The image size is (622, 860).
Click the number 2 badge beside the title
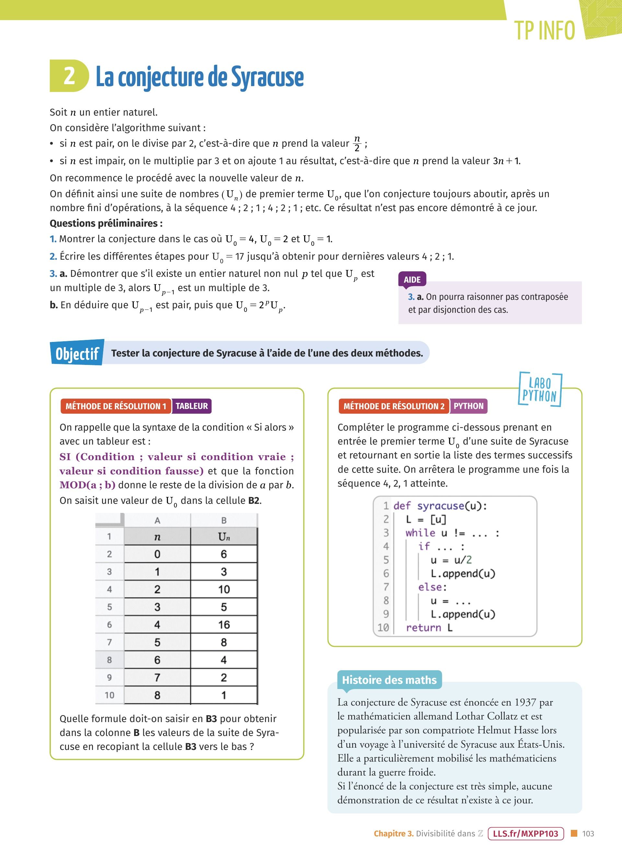(x=69, y=76)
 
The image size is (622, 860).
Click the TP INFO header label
(x=545, y=31)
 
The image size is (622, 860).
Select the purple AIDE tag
(x=412, y=279)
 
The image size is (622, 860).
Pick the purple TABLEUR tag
(x=191, y=406)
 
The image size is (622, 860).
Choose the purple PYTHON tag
(x=468, y=406)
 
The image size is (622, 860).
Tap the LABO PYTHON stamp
(x=539, y=390)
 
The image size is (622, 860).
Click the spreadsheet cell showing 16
(x=224, y=625)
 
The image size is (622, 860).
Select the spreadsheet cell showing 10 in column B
(x=224, y=589)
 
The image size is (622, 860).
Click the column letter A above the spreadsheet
(x=157, y=520)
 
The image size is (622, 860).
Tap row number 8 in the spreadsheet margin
(x=109, y=660)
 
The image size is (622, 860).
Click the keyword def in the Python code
(x=402, y=506)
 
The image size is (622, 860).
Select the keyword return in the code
(x=423, y=628)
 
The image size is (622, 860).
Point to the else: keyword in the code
(x=432, y=587)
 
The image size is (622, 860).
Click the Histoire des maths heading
(x=389, y=680)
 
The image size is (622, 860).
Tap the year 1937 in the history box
(x=525, y=702)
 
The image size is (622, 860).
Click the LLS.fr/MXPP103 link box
(x=526, y=833)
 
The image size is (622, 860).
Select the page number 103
(x=588, y=833)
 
